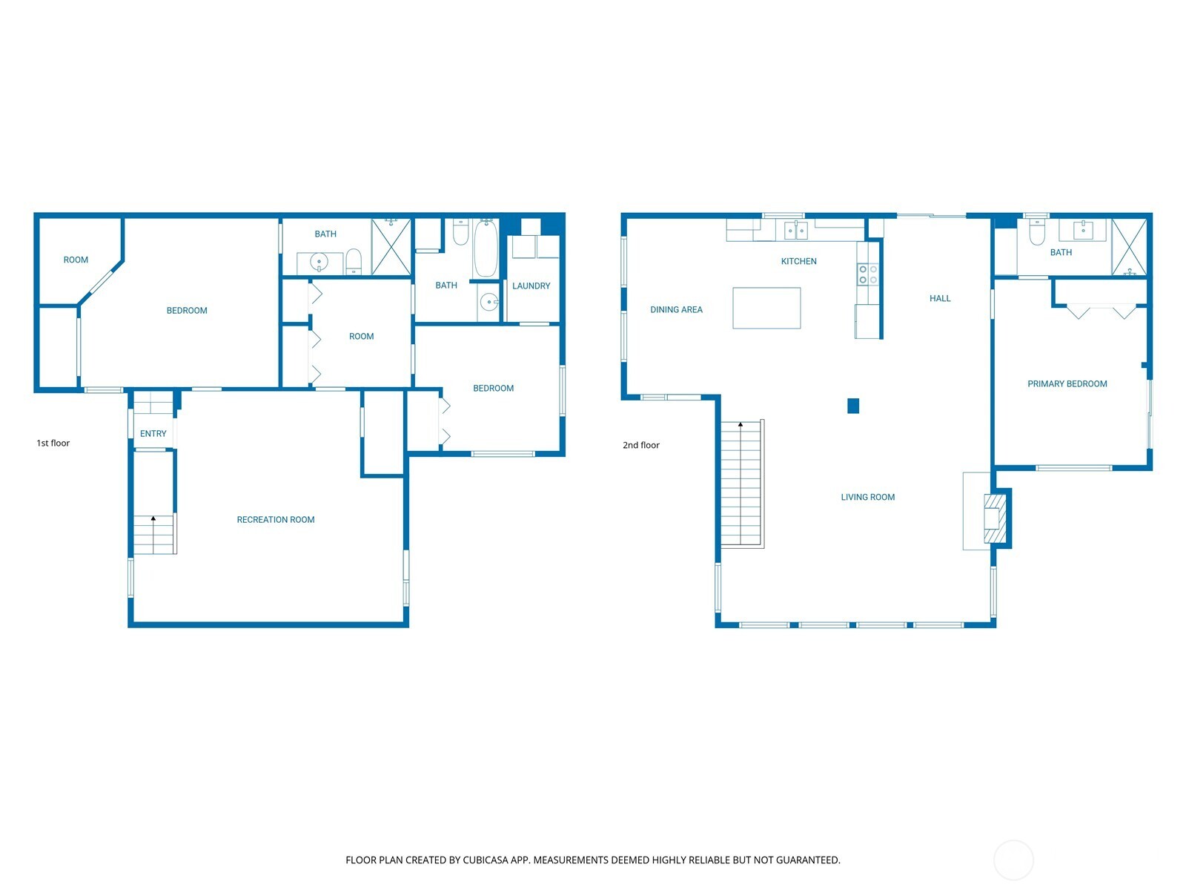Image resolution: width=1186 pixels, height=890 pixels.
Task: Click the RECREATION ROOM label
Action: pyautogui.click(x=276, y=520)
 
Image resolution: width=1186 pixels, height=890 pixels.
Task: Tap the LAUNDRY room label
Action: pyautogui.click(x=531, y=286)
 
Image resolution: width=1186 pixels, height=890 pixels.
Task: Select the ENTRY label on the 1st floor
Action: pyautogui.click(x=153, y=434)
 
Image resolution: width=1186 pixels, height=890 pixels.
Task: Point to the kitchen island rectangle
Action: pyautogui.click(x=766, y=308)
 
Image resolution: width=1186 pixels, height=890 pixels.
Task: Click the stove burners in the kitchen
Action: pyautogui.click(x=868, y=274)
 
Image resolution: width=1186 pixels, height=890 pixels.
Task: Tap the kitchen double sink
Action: pyautogui.click(x=796, y=231)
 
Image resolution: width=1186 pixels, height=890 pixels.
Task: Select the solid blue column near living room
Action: pyautogui.click(x=853, y=406)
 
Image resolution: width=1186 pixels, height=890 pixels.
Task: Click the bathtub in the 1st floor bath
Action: pyautogui.click(x=486, y=249)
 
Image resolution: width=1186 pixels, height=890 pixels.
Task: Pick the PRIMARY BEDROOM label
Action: pyautogui.click(x=1067, y=384)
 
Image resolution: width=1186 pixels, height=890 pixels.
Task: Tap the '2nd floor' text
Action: pyautogui.click(x=640, y=445)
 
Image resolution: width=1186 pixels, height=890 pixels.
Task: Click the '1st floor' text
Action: pyautogui.click(x=53, y=443)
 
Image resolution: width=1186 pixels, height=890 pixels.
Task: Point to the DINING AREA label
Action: pyautogui.click(x=676, y=310)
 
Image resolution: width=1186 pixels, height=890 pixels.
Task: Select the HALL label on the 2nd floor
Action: pyautogui.click(x=940, y=299)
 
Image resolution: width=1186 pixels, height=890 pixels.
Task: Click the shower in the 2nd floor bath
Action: pyautogui.click(x=1129, y=248)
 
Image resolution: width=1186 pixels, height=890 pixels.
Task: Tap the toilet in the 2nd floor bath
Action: pyautogui.click(x=1037, y=234)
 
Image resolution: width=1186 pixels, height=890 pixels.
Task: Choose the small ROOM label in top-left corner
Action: pyautogui.click(x=76, y=260)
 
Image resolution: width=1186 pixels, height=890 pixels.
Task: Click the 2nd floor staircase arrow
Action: pyautogui.click(x=740, y=426)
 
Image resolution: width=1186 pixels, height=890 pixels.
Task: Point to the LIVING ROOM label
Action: pyautogui.click(x=867, y=498)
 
